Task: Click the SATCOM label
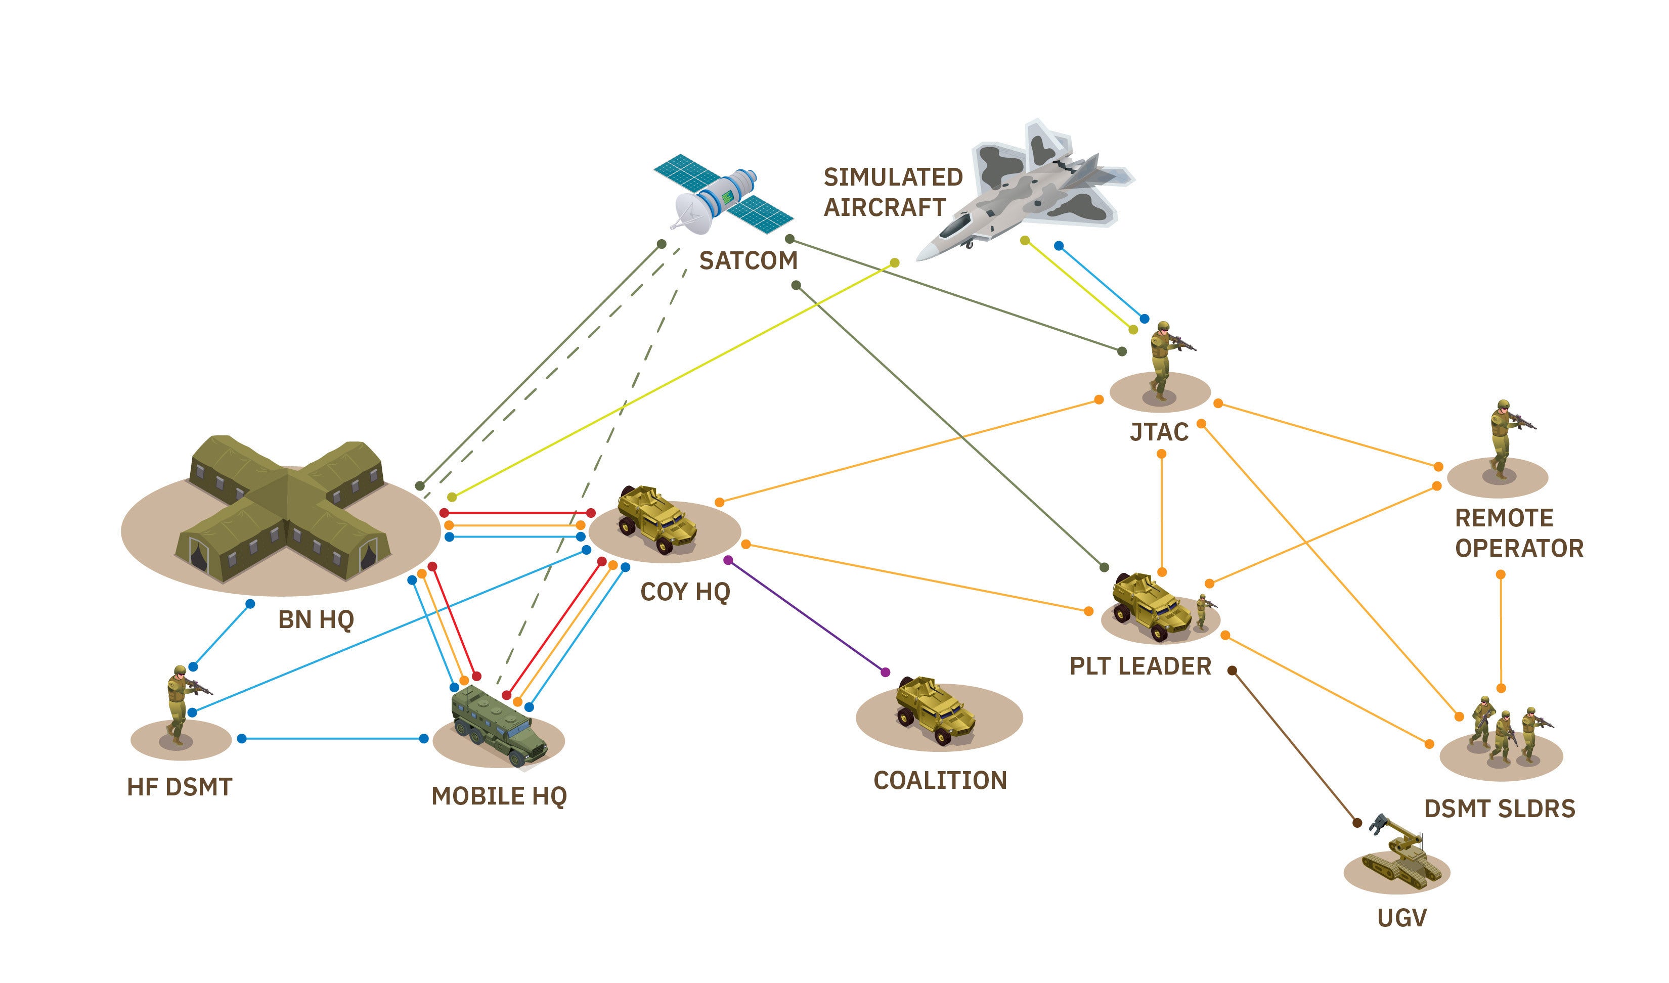click(x=748, y=260)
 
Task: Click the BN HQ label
click(x=316, y=619)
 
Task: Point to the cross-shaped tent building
click(x=285, y=510)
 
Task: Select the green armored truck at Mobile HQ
click(x=498, y=725)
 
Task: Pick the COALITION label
click(x=940, y=780)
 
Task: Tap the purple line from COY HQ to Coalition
click(x=807, y=616)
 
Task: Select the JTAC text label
click(x=1159, y=432)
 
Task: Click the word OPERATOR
click(x=1519, y=549)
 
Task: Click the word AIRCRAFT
click(x=884, y=207)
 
